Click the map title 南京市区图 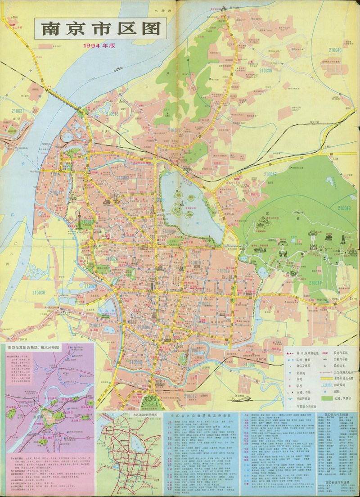pyautogui.click(x=101, y=29)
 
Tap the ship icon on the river pyautogui.click(x=118, y=69)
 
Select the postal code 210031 pyautogui.click(x=18, y=111)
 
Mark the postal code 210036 pyautogui.click(x=39, y=293)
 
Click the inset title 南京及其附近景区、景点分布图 pyautogui.click(x=39, y=347)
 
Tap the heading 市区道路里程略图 pyautogui.click(x=130, y=414)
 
